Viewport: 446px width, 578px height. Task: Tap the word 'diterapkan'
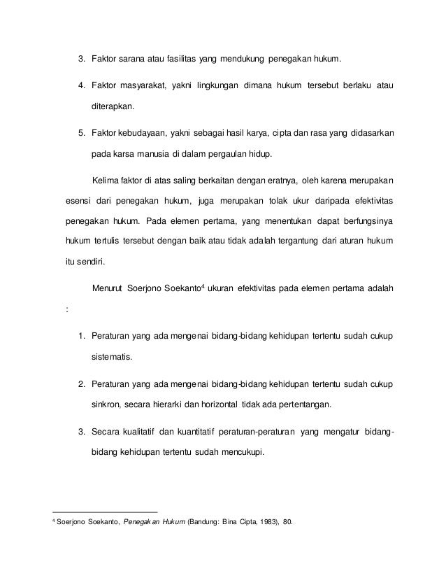pyautogui.click(x=115, y=108)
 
